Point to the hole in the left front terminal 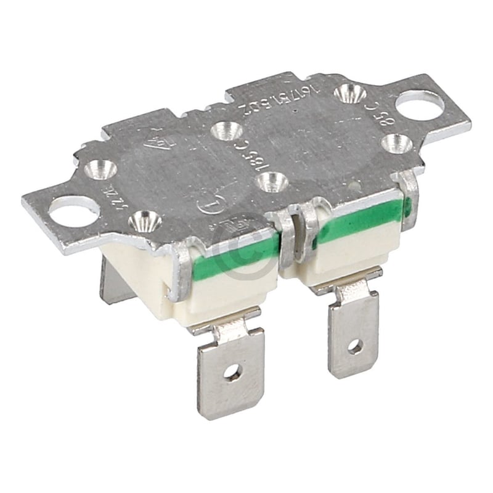[x=232, y=372]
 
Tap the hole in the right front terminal [x=355, y=346]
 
